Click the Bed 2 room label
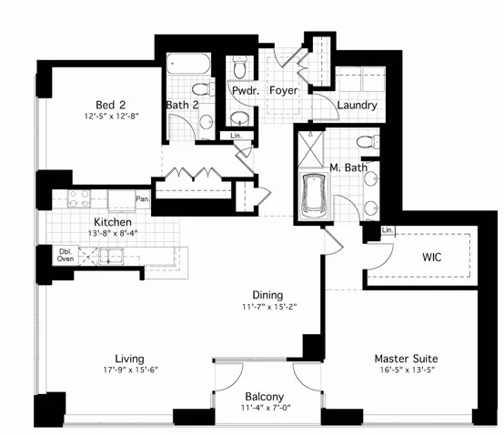[111, 105]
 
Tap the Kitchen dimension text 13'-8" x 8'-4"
[113, 233]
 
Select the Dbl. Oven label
[66, 255]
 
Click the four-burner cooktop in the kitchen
[79, 198]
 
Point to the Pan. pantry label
[143, 198]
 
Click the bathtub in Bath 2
[188, 64]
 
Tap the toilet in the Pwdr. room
[240, 66]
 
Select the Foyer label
[284, 90]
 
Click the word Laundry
[358, 106]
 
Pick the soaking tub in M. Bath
[314, 197]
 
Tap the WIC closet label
[432, 258]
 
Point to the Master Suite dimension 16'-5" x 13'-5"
[408, 370]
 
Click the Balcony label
[265, 397]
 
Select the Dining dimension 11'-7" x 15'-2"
[269, 307]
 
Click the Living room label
[130, 359]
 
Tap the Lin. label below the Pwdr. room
[237, 136]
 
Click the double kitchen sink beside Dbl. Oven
[111, 257]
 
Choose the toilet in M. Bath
[368, 142]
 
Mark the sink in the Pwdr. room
[240, 119]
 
